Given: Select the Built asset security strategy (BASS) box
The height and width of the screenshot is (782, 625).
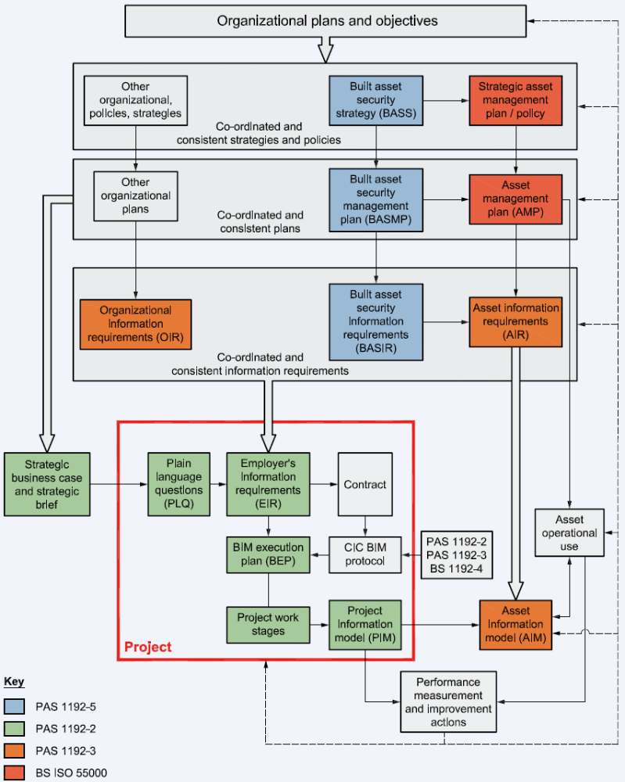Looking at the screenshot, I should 375,101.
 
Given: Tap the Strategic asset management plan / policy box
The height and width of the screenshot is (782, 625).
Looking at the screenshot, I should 515,101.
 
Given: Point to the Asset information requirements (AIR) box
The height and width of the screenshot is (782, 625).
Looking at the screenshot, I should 515,321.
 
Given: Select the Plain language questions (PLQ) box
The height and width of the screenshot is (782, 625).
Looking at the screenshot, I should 178,483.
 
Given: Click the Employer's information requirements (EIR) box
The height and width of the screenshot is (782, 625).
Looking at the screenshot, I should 268,483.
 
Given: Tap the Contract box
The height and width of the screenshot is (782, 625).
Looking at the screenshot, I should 365,484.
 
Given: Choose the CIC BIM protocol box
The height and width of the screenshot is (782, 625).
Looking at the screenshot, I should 365,554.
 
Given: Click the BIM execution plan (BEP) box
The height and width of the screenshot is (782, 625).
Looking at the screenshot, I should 268,554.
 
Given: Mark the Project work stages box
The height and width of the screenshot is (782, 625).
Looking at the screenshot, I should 268,624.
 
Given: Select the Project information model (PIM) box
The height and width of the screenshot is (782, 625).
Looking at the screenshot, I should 365,624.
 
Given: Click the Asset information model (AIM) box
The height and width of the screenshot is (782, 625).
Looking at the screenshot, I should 515,624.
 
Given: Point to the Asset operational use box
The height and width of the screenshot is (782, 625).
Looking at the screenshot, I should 569,533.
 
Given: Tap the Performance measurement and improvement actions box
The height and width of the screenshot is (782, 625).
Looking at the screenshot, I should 448,701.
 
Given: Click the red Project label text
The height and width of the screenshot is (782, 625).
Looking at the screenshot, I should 148,647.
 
